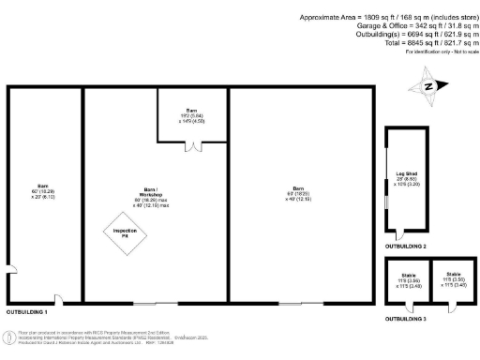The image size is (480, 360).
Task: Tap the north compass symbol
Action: click(x=429, y=87)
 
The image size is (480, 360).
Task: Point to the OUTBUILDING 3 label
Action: click(x=405, y=319)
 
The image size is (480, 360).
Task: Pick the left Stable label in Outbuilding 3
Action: click(x=409, y=279)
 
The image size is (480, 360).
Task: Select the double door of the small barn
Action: click(x=192, y=146)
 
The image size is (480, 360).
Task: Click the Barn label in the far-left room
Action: click(x=42, y=191)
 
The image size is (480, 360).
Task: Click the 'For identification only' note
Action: click(x=437, y=52)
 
